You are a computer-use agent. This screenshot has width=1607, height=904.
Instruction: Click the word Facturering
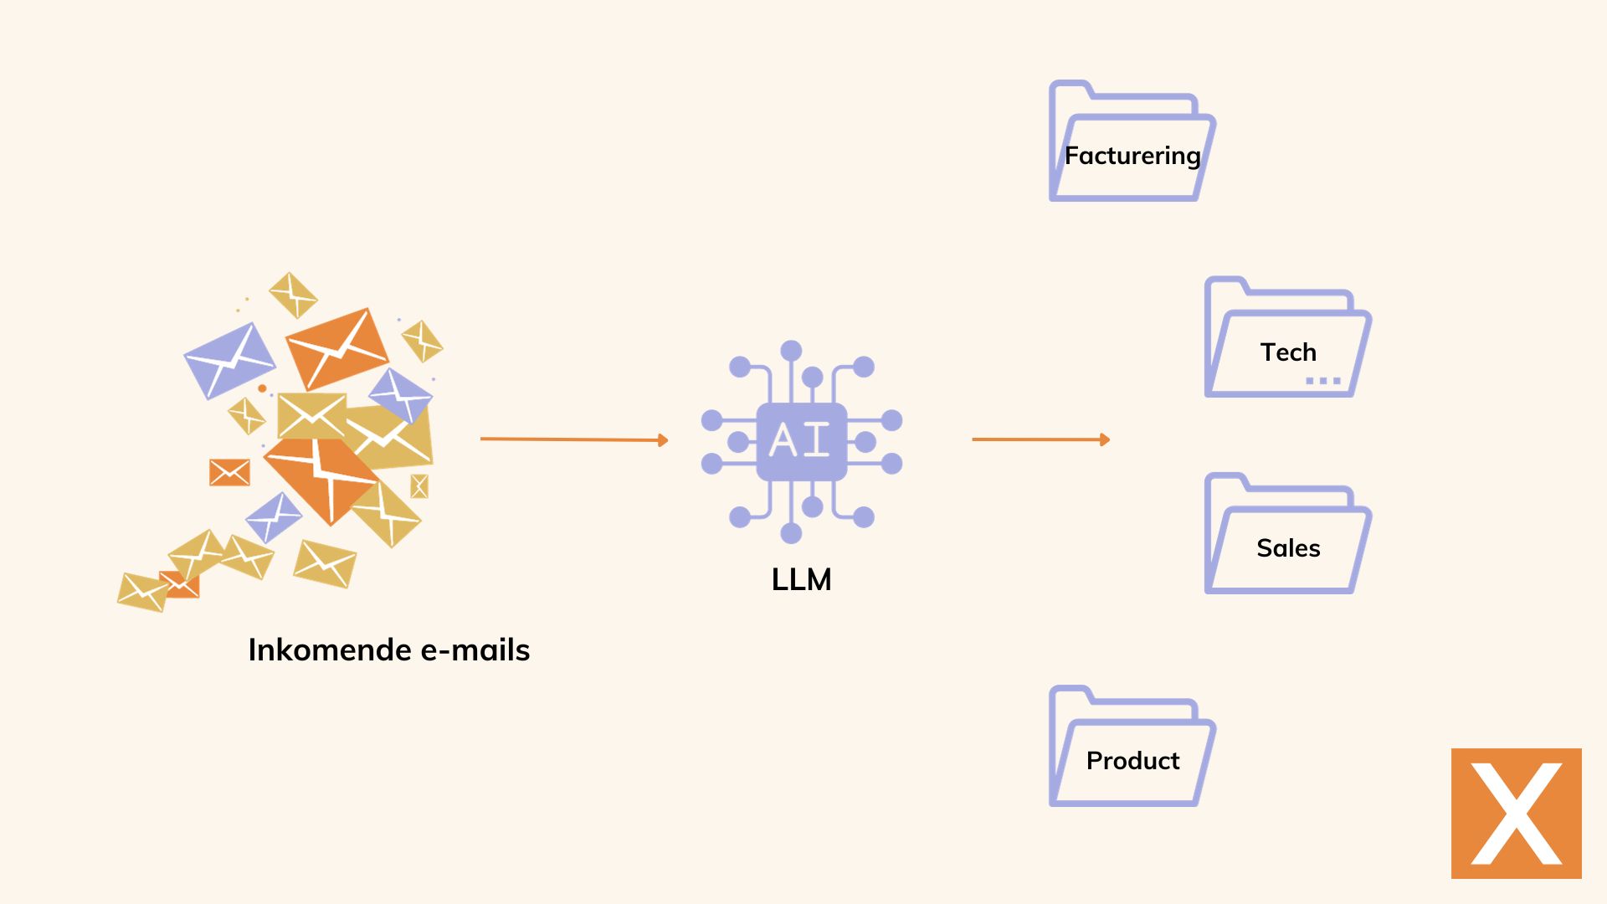click(1132, 156)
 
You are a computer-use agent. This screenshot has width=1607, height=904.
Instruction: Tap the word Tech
click(1288, 352)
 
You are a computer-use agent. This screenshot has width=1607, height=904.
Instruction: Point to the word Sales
click(1288, 548)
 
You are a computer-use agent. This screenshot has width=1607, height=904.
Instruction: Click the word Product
click(1132, 761)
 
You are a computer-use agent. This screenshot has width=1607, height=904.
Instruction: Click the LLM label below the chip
click(801, 579)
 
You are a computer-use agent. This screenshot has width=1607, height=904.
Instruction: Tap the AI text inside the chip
click(800, 439)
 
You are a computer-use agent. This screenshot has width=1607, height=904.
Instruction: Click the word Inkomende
click(330, 650)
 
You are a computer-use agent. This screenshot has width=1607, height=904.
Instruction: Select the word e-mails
click(475, 650)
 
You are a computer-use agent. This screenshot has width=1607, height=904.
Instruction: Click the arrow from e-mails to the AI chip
click(573, 439)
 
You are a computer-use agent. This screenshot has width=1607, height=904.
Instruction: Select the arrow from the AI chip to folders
click(1040, 439)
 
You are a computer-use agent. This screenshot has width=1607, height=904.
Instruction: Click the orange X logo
click(1516, 813)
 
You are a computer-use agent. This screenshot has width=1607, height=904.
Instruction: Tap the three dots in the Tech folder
click(1323, 381)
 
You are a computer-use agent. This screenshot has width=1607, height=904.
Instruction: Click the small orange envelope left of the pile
click(229, 472)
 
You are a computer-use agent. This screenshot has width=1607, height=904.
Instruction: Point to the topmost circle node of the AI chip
click(791, 351)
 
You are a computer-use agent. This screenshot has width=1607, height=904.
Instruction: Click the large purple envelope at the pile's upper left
click(228, 361)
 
